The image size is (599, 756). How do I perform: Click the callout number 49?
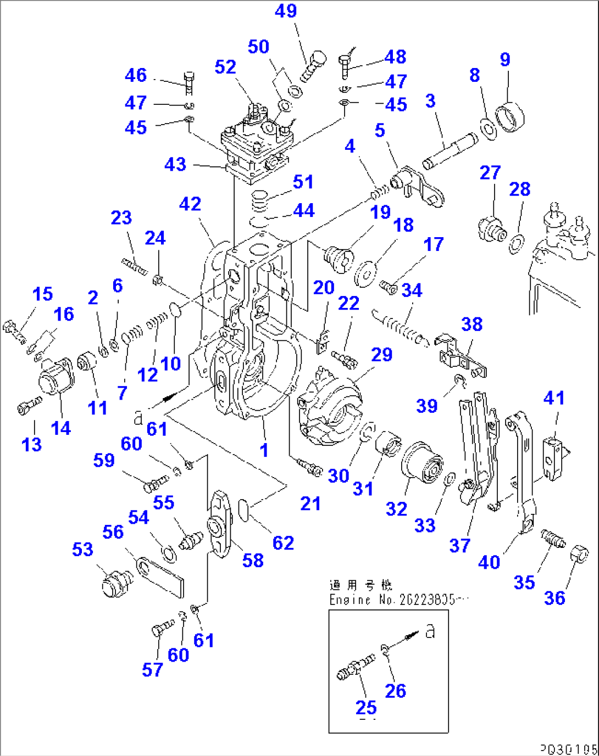point(286,11)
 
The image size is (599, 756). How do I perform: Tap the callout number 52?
point(225,67)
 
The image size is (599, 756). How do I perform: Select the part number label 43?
point(175,164)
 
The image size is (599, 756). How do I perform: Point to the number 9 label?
point(505,59)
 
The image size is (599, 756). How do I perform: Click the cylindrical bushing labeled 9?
point(511,117)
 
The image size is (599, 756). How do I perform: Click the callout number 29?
point(381,355)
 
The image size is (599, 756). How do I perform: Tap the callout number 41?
point(554,398)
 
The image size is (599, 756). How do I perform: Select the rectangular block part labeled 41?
point(554,458)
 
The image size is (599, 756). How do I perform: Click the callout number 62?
point(283,543)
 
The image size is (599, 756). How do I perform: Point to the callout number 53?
point(82,550)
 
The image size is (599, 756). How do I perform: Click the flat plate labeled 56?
point(161,576)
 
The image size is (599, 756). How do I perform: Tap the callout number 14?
point(61,428)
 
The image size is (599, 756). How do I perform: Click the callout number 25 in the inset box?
point(366,708)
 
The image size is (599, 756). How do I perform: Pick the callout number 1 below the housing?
point(264,450)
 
